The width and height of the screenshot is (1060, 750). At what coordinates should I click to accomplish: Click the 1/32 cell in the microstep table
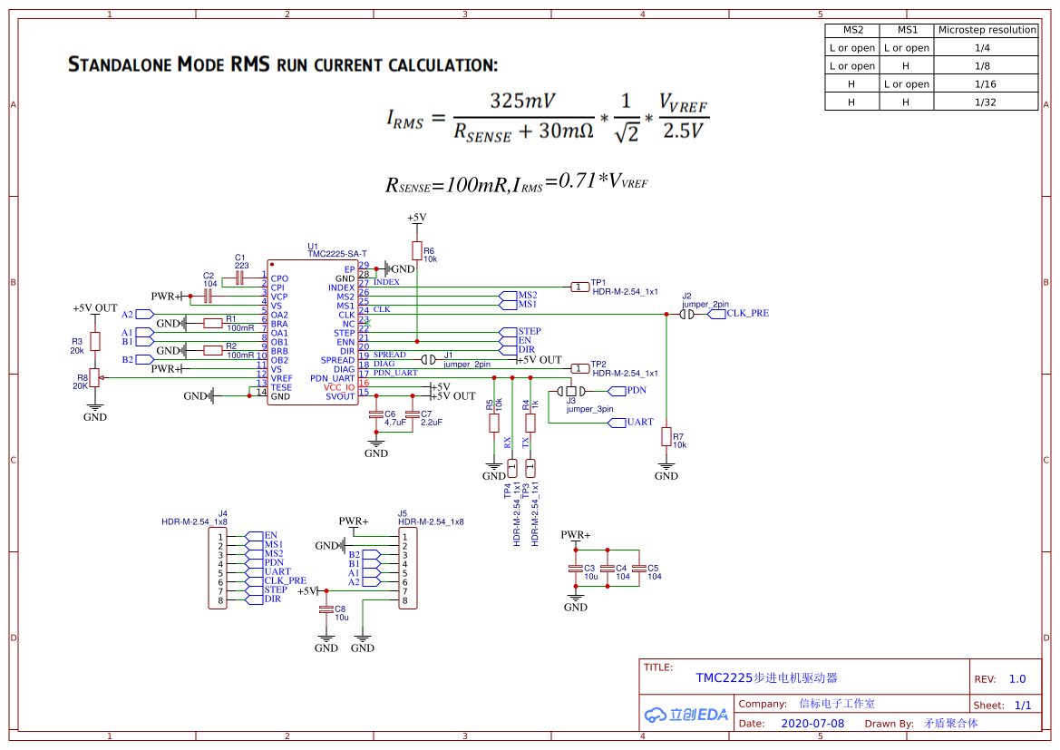pyautogui.click(x=985, y=102)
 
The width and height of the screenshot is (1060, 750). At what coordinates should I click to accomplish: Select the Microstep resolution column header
pyautogui.click(x=987, y=30)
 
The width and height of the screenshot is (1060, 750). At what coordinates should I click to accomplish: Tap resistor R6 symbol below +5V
pyautogui.click(x=416, y=251)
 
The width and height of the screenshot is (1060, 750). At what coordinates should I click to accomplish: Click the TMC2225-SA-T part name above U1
pyautogui.click(x=337, y=253)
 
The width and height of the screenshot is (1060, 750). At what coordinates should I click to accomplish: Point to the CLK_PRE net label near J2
pyautogui.click(x=747, y=314)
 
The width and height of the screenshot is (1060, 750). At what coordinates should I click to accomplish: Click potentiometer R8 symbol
pyautogui.click(x=94, y=378)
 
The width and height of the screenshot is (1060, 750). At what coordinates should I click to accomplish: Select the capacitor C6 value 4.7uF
pyautogui.click(x=394, y=423)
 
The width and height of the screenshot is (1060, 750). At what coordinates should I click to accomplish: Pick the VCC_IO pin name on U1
pyautogui.click(x=339, y=387)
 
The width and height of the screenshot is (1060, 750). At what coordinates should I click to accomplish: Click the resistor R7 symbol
pyautogui.click(x=666, y=437)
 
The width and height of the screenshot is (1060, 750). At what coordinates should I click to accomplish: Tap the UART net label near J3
pyautogui.click(x=640, y=423)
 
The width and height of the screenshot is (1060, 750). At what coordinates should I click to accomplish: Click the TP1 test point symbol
pyautogui.click(x=579, y=287)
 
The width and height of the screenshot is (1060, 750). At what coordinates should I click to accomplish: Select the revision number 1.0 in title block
pyautogui.click(x=1017, y=678)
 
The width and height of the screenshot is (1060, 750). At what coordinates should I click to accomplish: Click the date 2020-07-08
pyautogui.click(x=812, y=724)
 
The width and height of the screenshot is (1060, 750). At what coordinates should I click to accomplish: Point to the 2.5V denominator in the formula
pyautogui.click(x=682, y=131)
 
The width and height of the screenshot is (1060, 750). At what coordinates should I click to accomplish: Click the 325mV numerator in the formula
pyautogui.click(x=523, y=100)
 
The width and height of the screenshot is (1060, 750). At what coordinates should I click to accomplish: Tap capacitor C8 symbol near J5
pyautogui.click(x=326, y=611)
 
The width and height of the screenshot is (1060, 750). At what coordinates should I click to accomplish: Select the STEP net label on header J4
pyautogui.click(x=276, y=590)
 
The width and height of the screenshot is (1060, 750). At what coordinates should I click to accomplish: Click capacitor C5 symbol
pyautogui.click(x=638, y=570)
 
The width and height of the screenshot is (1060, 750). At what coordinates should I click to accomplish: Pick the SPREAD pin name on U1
pyautogui.click(x=337, y=360)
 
